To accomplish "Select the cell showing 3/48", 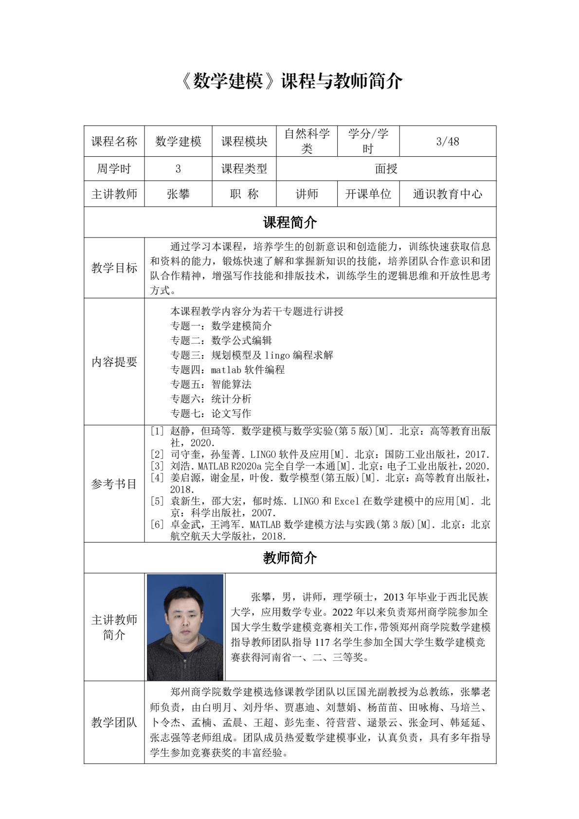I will [448, 141].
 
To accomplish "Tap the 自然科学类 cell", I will [307, 141].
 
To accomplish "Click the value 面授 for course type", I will [386, 168].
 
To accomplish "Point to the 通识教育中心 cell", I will [448, 194].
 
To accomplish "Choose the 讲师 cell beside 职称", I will [307, 194].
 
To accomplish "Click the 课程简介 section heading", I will [290, 222].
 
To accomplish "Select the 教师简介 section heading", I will [290, 558].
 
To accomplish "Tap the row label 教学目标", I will [114, 268].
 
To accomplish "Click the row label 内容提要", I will [114, 362].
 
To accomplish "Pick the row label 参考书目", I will [114, 484].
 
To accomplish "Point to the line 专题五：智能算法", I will [211, 384].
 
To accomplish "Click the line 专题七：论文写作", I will [211, 413].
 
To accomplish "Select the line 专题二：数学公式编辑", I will [221, 340].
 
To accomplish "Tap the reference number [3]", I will [157, 466].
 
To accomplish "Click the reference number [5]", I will [157, 501].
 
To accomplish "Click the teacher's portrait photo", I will [185, 627].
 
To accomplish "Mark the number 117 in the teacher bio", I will [322, 642].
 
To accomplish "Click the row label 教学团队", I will [114, 722].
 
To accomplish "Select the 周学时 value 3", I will [178, 168].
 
